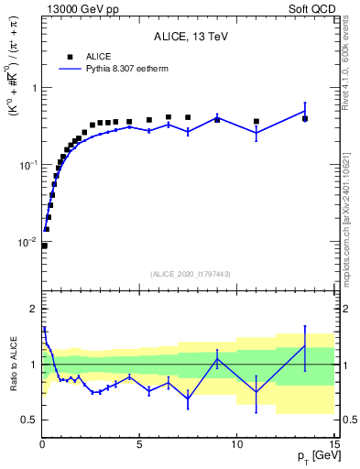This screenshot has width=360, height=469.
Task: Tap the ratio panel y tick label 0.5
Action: (28, 420)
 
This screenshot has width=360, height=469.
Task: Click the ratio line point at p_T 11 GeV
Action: (256, 392)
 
